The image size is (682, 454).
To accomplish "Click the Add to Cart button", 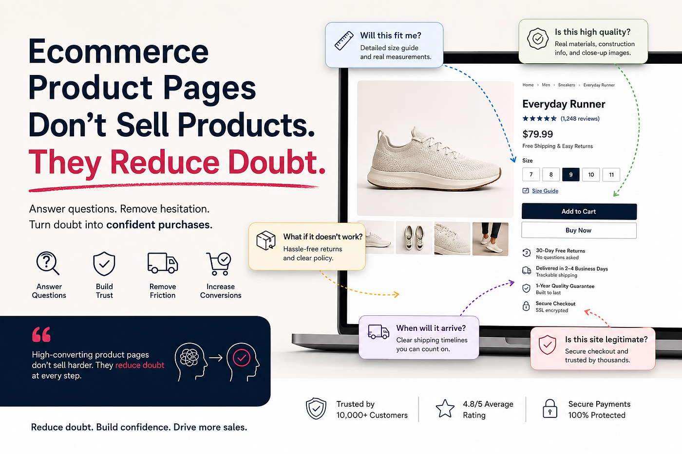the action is click(x=579, y=211).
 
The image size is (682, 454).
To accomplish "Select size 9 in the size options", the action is click(x=570, y=175).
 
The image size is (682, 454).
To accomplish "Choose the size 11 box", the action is click(x=611, y=175).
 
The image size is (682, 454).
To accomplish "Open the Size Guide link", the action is click(x=545, y=191).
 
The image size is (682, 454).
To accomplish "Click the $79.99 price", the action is click(x=537, y=134).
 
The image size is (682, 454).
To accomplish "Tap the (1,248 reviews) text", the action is click(x=580, y=119).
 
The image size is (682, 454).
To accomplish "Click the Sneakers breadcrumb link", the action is click(x=566, y=85).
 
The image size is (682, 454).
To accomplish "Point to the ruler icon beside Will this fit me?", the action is click(x=344, y=40).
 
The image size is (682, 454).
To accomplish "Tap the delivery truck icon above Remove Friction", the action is click(x=163, y=263).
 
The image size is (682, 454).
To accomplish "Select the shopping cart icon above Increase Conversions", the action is click(x=219, y=264).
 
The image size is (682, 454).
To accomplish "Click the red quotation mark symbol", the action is click(x=41, y=334).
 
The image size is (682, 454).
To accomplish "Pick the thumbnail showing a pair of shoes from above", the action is click(x=414, y=238).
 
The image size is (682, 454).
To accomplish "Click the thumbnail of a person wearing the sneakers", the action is click(x=490, y=239).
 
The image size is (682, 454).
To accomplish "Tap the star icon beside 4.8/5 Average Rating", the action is click(x=445, y=408).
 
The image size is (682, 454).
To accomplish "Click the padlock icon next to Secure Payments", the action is click(x=550, y=408).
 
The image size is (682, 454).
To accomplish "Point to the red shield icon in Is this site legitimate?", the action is click(x=547, y=345).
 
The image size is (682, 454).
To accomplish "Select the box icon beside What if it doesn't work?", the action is click(x=266, y=240).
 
